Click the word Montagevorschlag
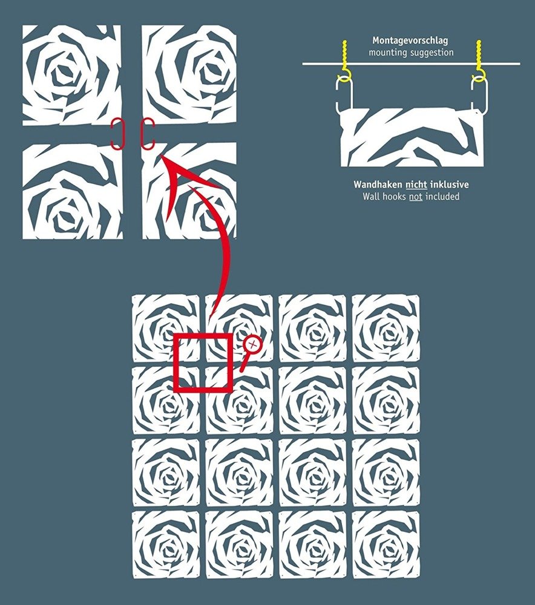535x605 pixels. pyautogui.click(x=410, y=41)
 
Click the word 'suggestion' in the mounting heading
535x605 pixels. pyautogui.click(x=430, y=53)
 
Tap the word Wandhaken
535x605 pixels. pyautogui.click(x=378, y=185)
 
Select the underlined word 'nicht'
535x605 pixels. pyautogui.click(x=416, y=185)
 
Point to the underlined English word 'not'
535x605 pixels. pyautogui.click(x=416, y=197)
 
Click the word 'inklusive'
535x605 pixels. pyautogui.click(x=449, y=185)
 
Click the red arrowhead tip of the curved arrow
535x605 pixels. pyautogui.click(x=159, y=153)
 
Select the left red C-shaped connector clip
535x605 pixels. pyautogui.click(x=116, y=134)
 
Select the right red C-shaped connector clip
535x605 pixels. pyautogui.click(x=147, y=134)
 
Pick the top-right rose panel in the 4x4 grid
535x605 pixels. pyautogui.click(x=386, y=328)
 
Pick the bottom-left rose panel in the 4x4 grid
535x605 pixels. pyautogui.click(x=166, y=544)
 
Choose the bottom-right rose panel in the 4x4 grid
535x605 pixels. pyautogui.click(x=386, y=544)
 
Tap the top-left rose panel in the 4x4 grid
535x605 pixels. pyautogui.click(x=166, y=328)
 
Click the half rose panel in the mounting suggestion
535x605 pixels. pyautogui.click(x=412, y=137)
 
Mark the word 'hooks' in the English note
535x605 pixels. pyautogui.click(x=394, y=197)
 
